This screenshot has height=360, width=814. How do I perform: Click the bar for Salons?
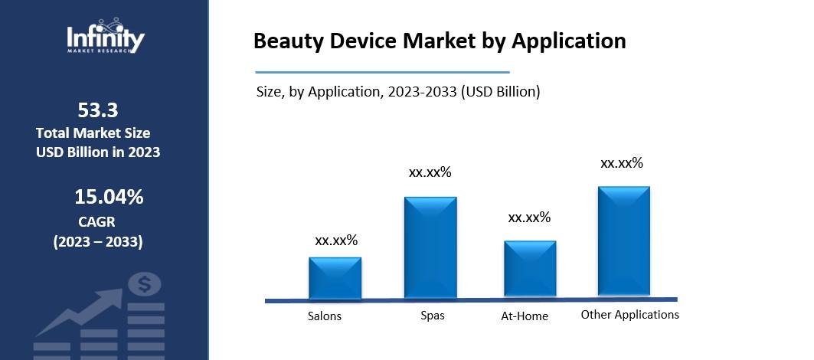[335, 278]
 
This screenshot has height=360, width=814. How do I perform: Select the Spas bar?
[430, 247]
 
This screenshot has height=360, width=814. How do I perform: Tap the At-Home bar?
[530, 269]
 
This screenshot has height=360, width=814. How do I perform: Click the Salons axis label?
[325, 316]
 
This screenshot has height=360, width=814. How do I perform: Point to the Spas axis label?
[432, 316]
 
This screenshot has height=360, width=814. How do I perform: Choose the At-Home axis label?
[525, 316]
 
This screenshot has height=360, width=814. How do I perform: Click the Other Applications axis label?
[629, 315]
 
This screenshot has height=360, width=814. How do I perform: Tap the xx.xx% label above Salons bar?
[336, 241]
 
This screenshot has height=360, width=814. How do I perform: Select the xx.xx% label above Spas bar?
[430, 172]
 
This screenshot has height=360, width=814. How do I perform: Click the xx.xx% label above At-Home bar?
[529, 218]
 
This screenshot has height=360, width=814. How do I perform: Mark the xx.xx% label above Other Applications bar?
[621, 163]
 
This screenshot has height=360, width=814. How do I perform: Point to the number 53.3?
[98, 109]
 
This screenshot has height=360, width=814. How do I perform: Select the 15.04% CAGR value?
[109, 198]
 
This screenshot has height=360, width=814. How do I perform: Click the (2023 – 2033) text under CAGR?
[97, 242]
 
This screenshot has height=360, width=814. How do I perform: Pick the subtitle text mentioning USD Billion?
[398, 92]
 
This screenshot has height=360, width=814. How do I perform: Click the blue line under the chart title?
[381, 72]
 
